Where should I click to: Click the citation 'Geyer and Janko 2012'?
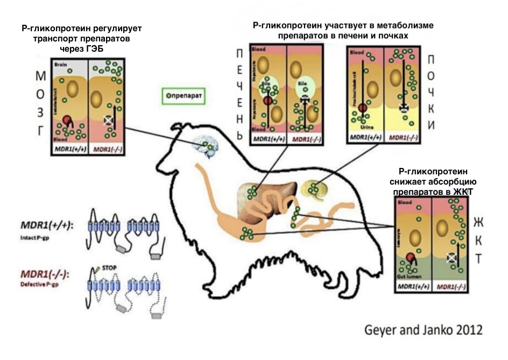coord(421,329)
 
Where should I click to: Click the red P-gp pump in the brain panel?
coord(67,120)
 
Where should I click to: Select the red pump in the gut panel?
coord(411,258)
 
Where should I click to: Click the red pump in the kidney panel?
coord(362,109)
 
